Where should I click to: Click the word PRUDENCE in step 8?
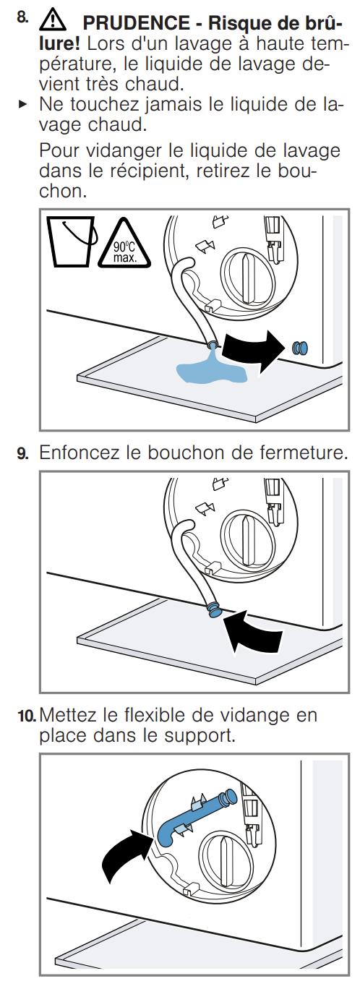(x=136, y=23)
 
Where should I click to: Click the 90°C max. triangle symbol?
(x=124, y=245)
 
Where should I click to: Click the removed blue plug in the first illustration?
(x=299, y=348)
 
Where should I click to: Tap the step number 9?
(x=22, y=453)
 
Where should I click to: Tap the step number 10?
(x=27, y=716)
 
